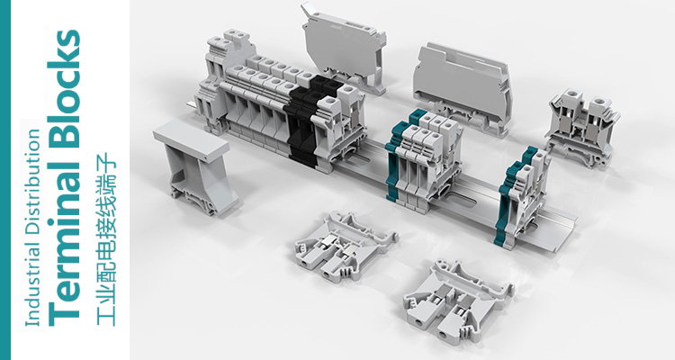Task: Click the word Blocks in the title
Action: (x=64, y=88)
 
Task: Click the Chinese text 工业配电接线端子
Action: (x=105, y=239)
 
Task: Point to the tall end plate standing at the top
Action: (x=344, y=48)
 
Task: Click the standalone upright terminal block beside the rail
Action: (x=581, y=128)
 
